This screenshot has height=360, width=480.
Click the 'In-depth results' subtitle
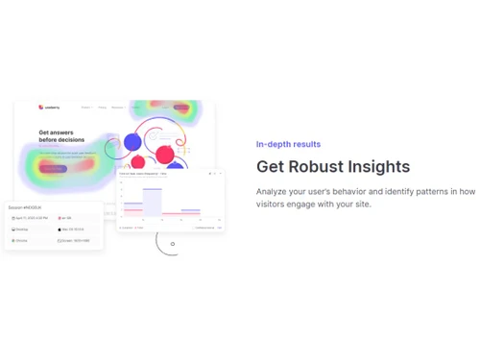click(288, 144)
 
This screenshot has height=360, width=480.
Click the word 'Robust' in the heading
click(330, 167)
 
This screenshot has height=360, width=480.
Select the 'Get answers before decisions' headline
click(59, 136)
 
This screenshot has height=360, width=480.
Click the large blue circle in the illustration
click(132, 143)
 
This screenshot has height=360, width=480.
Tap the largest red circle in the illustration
click(165, 155)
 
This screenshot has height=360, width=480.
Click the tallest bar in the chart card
click(152, 202)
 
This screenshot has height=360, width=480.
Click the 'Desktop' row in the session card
click(21, 229)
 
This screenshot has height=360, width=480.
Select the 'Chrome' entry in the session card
click(21, 240)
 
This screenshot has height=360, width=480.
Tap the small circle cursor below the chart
click(173, 244)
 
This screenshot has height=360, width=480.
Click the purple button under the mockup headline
click(52, 168)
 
